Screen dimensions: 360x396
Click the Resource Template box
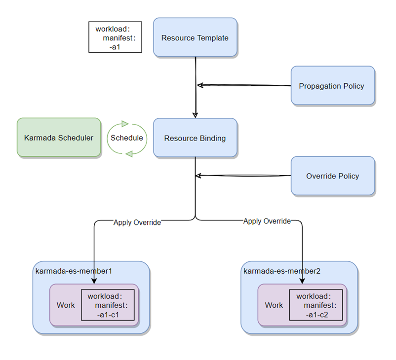tap(195, 37)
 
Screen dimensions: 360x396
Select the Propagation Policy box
tap(332, 86)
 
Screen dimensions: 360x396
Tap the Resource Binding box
tap(195, 138)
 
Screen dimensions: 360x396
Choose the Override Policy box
tap(332, 176)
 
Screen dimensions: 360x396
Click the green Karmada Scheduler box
tap(59, 138)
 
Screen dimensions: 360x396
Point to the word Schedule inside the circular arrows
tap(127, 138)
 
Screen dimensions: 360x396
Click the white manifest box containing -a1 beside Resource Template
tap(115, 37)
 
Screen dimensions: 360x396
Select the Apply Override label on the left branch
tap(137, 222)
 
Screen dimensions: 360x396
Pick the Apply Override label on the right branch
tap(267, 221)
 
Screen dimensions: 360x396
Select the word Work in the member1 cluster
tap(66, 305)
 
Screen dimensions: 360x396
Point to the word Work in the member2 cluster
tap(274, 305)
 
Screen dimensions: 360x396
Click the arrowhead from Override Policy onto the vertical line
tap(198, 175)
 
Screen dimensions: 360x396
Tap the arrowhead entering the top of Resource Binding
tap(196, 115)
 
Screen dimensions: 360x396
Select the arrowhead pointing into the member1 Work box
tap(94, 281)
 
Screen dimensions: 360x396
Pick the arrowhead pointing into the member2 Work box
tap(302, 281)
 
